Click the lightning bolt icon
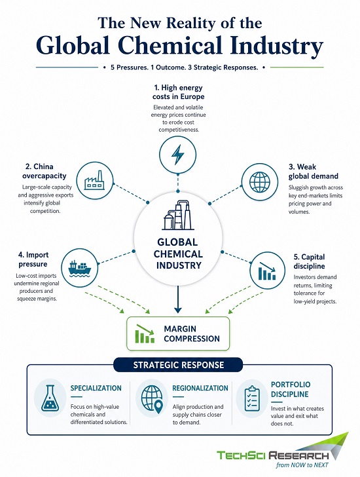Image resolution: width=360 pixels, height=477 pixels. click(178, 155)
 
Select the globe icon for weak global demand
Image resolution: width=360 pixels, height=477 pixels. click(259, 182)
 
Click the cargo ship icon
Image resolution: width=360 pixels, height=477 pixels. click(80, 269)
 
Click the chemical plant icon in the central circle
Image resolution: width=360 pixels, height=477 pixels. click(178, 215)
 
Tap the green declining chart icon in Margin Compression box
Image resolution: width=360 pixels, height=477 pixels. click(145, 334)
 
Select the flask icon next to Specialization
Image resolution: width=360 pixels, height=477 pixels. click(50, 398)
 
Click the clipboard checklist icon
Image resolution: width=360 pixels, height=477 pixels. click(252, 398)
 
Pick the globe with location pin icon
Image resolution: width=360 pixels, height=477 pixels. click(153, 398)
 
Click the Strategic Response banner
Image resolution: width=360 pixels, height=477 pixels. click(178, 365)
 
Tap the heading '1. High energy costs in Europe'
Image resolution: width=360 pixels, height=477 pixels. click(178, 92)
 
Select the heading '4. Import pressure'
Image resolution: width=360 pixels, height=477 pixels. click(33, 259)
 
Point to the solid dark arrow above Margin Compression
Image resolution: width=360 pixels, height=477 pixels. click(178, 299)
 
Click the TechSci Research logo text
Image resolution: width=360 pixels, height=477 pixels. click(272, 455)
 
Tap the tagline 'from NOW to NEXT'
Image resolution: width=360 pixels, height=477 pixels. click(302, 465)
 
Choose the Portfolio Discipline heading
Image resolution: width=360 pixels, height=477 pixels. click(291, 389)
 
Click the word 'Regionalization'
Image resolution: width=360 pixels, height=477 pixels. click(200, 388)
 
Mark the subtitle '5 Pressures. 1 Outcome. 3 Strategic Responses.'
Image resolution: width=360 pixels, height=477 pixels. click(184, 67)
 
